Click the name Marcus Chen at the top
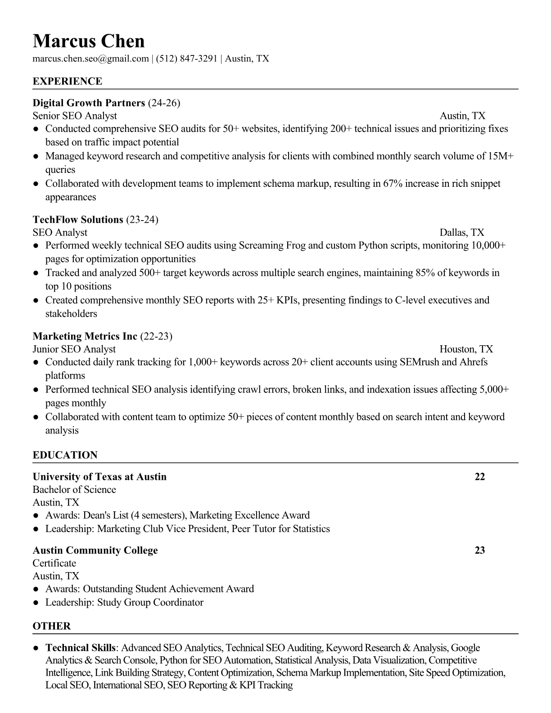[x=89, y=41]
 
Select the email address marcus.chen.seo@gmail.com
[x=90, y=59]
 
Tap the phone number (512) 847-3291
[x=187, y=59]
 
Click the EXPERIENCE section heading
[x=68, y=81]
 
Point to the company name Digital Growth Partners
[x=89, y=103]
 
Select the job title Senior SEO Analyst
[x=75, y=116]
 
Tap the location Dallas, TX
[x=462, y=232]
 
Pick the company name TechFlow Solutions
[x=78, y=220]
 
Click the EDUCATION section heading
[x=65, y=455]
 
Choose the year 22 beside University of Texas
[x=479, y=477]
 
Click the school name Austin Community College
[x=95, y=551]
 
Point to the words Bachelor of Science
[x=74, y=490]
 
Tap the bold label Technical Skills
[x=81, y=648]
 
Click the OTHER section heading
[x=52, y=626]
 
